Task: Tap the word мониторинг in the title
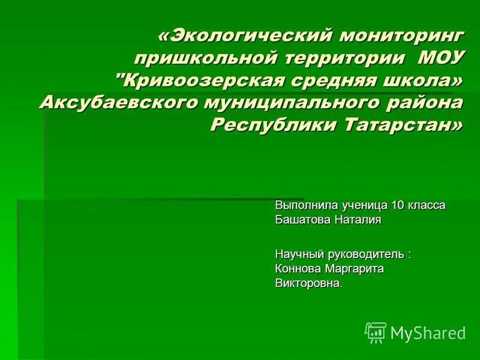click(401, 36)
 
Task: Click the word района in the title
click(423, 103)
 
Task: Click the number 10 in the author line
click(398, 205)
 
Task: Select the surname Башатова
click(302, 220)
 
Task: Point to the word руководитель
click(367, 254)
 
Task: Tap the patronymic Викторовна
click(307, 283)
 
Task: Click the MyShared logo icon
click(376, 332)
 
